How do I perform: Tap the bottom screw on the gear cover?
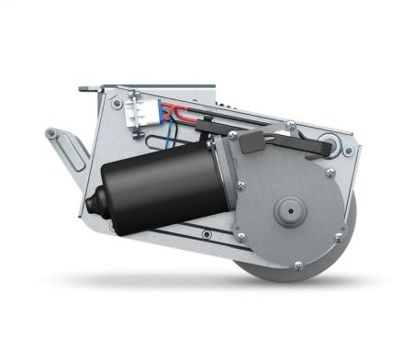click(297, 266)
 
